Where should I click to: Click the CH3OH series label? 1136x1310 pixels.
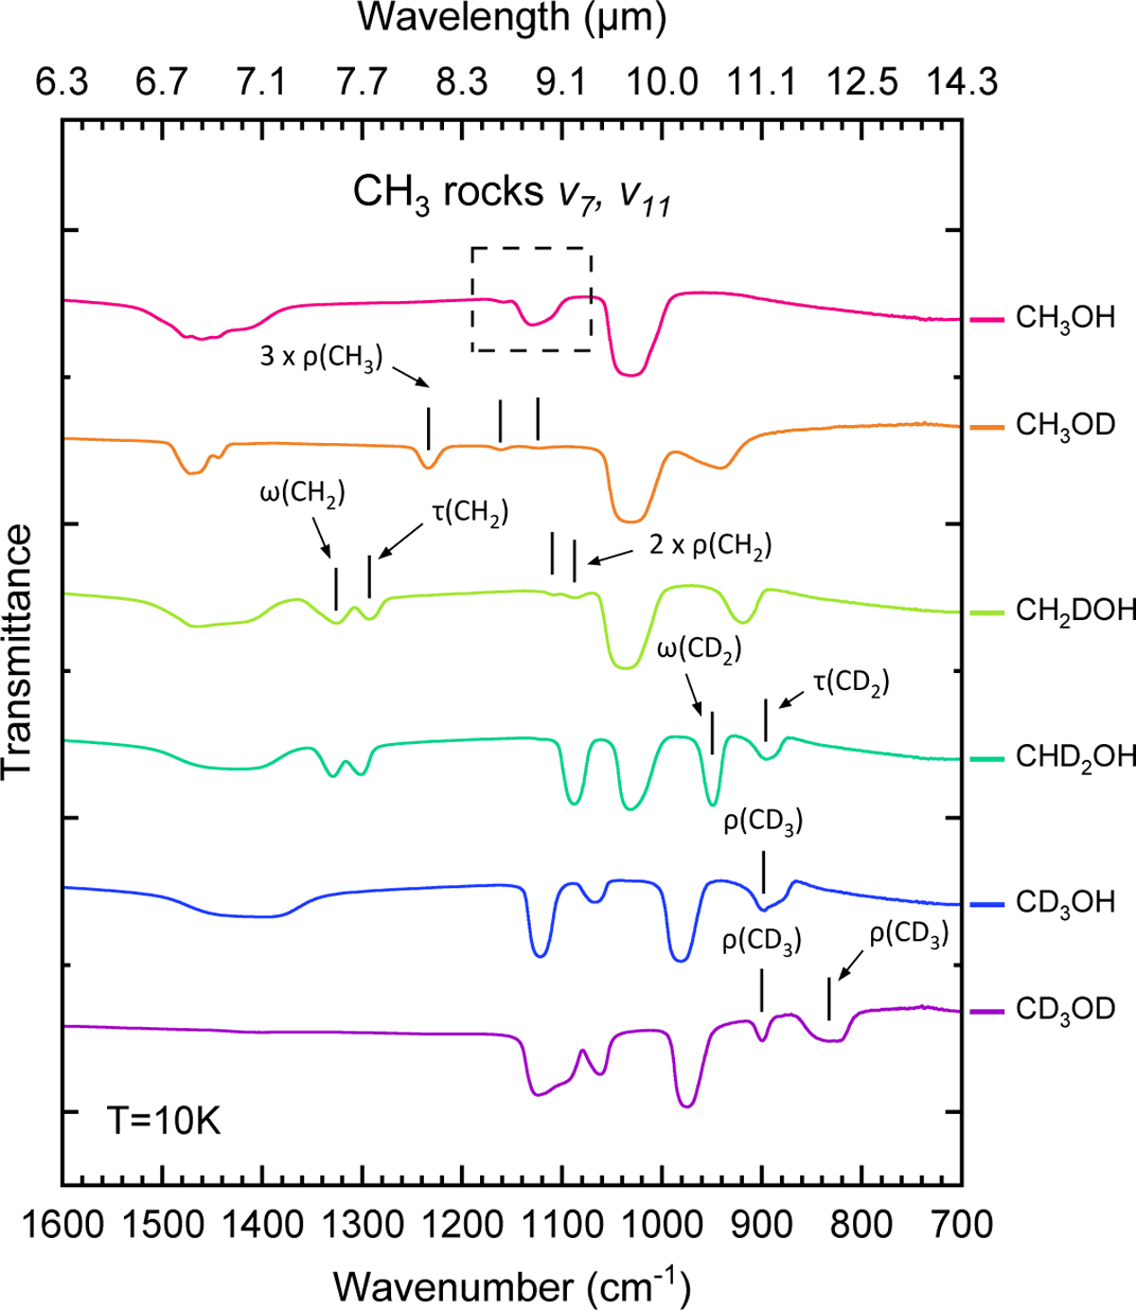pos(1065,318)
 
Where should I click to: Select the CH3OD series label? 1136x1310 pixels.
pos(1065,425)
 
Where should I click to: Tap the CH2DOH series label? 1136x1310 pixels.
pos(1075,611)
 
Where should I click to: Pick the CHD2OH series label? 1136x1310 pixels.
pos(1075,757)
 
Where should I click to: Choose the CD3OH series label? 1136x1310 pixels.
pos(1065,903)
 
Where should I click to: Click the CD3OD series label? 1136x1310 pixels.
pos(1065,1009)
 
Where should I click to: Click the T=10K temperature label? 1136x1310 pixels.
pos(164,1122)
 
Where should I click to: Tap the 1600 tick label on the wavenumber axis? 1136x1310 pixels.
pos(62,1225)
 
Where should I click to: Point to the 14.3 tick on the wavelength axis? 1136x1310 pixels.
pos(961,83)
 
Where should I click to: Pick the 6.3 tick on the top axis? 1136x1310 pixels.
pos(62,83)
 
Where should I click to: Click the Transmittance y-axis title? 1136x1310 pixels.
pos(19,653)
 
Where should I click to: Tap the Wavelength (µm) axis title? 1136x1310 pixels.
pos(512,19)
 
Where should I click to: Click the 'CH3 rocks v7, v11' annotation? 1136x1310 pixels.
pos(512,194)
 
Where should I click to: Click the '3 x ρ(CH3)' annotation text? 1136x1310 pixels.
pos(321,358)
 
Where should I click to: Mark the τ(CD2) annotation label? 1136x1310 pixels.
pos(851,682)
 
